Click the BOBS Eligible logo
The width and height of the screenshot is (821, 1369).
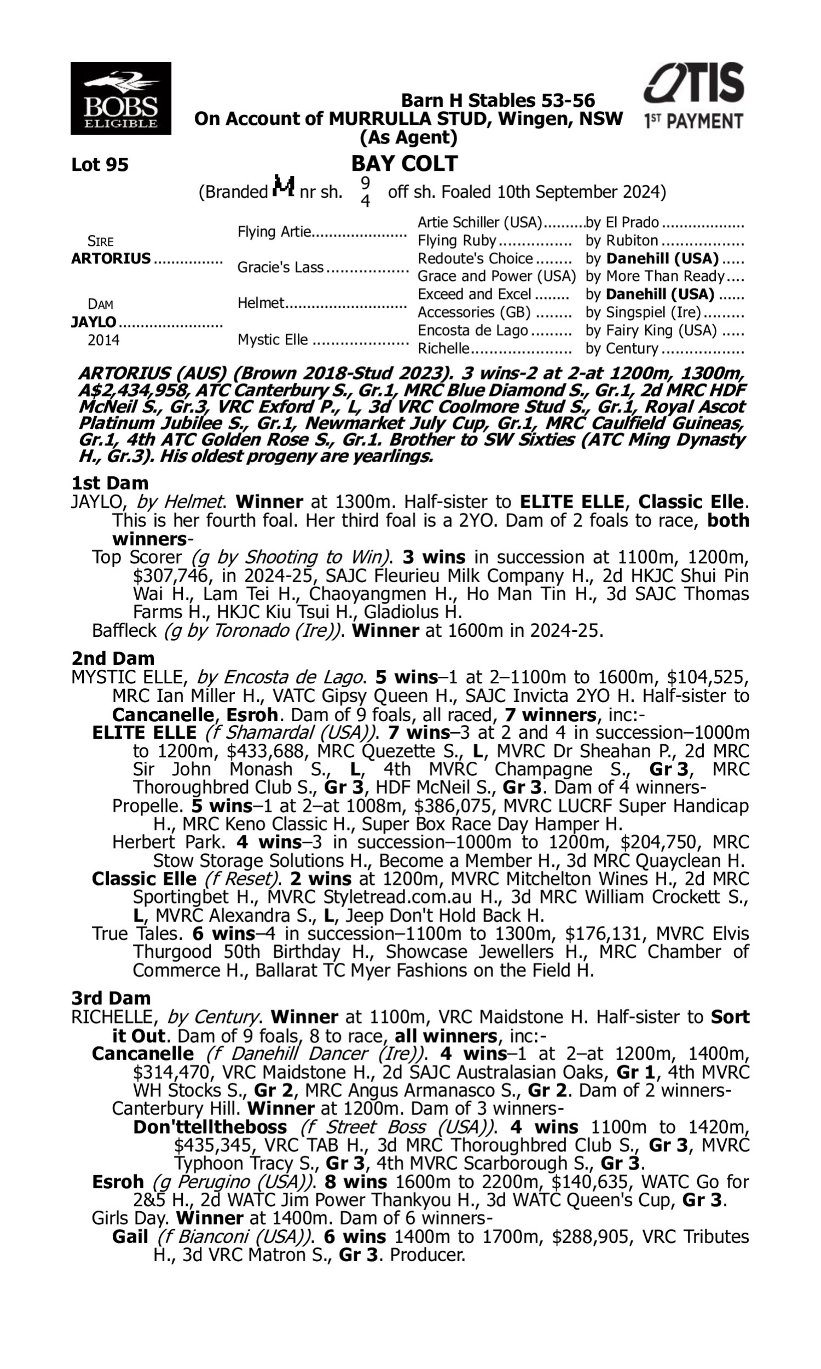coord(120,98)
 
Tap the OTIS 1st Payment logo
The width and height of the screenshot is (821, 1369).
coord(693,95)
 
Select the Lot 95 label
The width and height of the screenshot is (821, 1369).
coord(100,165)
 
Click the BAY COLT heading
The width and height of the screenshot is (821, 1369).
coord(404,164)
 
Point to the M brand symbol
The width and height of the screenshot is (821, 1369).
coord(284,187)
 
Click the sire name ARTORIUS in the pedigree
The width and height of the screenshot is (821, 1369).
coord(111,258)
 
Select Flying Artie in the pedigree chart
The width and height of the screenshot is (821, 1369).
coord(274,231)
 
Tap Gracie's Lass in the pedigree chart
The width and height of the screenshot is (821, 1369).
coord(280,267)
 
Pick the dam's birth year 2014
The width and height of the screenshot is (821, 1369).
coord(103,340)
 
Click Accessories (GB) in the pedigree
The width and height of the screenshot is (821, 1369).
coord(473,312)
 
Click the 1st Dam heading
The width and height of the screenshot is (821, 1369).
coord(109,483)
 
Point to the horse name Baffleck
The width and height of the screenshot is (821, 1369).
coord(125,630)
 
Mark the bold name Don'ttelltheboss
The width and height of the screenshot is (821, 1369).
coord(210,1126)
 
